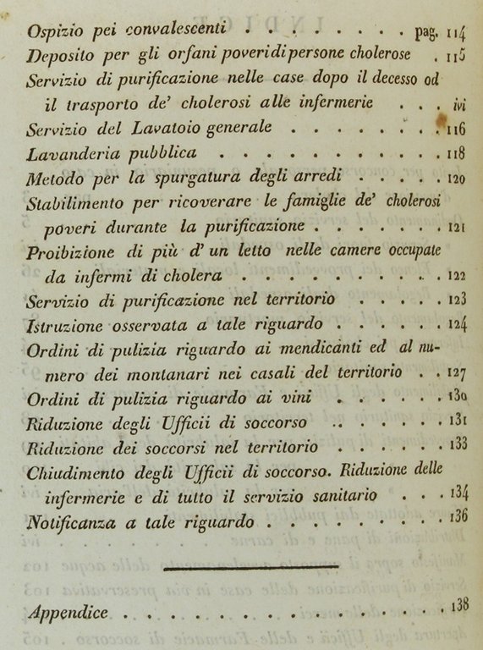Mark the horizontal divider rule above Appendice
click(x=250, y=568)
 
